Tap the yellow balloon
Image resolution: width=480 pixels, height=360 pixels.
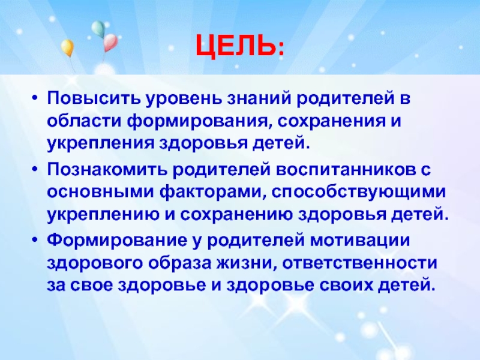pyautogui.click(x=67, y=48)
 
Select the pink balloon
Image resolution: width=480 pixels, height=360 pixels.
pyautogui.click(x=110, y=43)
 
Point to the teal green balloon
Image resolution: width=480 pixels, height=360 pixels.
pyautogui.click(x=98, y=29)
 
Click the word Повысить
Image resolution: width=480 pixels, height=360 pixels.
pyautogui.click(x=94, y=99)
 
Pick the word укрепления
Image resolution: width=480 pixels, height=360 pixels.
pyautogui.click(x=100, y=143)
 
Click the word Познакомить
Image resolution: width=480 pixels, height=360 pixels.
pyautogui.click(x=107, y=170)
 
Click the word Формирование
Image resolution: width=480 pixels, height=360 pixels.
pyautogui.click(x=117, y=241)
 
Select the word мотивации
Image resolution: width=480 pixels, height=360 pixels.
pyautogui.click(x=360, y=241)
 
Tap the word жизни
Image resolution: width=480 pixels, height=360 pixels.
pyautogui.click(x=245, y=263)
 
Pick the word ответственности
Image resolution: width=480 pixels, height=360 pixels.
pyautogui.click(x=359, y=263)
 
